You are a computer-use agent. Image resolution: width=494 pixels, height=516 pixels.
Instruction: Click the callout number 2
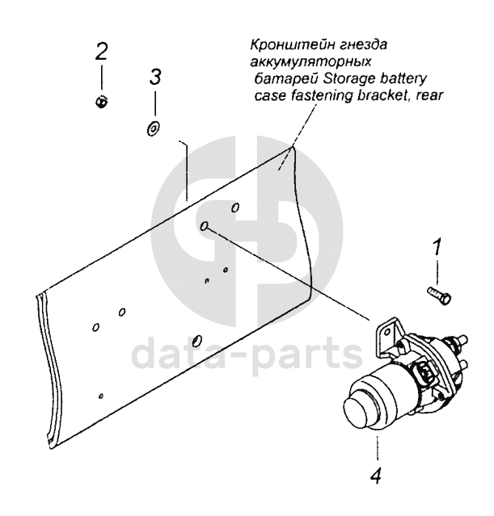click(x=102, y=52)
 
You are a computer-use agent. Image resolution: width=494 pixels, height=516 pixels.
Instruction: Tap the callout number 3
click(x=155, y=77)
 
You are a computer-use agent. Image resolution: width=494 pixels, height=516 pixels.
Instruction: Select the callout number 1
click(x=437, y=247)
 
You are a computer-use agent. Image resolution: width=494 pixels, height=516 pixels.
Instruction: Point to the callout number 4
click(x=376, y=475)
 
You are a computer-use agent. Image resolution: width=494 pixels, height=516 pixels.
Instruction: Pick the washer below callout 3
click(x=153, y=128)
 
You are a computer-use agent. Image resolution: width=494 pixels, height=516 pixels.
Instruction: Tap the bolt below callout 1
click(x=439, y=296)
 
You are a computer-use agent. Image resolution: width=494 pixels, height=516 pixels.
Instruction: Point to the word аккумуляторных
click(x=310, y=62)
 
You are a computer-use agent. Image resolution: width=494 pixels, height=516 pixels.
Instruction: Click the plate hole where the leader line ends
click(x=205, y=226)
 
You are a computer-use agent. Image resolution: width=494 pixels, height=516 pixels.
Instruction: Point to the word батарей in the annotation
click(x=287, y=79)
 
